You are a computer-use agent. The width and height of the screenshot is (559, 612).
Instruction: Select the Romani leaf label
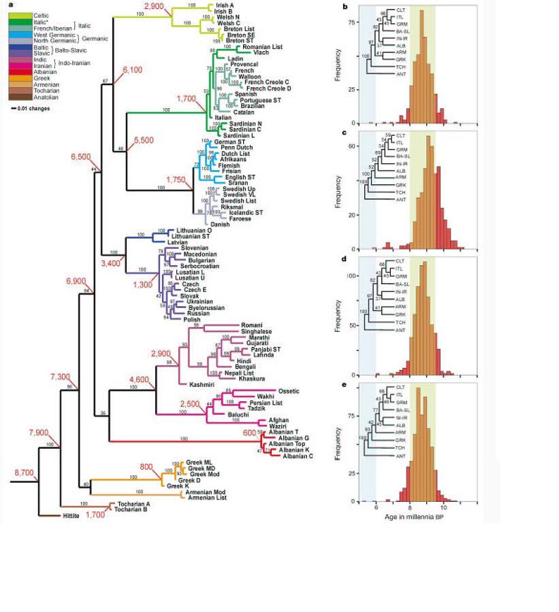point(251,326)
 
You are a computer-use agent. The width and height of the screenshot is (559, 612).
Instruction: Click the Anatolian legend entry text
point(38,97)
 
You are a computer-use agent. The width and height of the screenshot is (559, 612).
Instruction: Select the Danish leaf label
point(220,224)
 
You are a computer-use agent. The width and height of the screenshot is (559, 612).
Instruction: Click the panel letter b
point(347,7)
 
